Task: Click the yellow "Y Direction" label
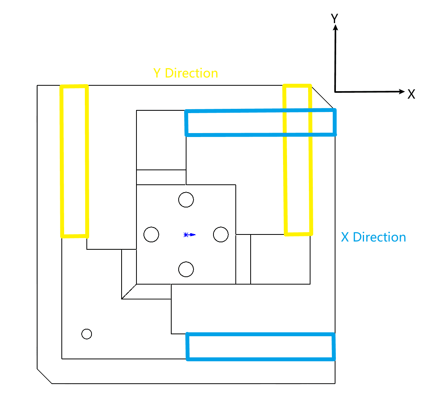[185, 73]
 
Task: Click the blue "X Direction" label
[373, 237]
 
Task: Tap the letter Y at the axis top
[335, 18]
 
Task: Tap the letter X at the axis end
[411, 94]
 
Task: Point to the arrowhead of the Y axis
[335, 27]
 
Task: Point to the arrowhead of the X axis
[402, 92]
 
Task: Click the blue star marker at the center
[189, 234]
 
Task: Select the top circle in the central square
[186, 200]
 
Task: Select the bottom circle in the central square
[186, 269]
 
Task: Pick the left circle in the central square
[151, 234]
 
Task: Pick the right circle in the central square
[221, 234]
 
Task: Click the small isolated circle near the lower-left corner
[87, 334]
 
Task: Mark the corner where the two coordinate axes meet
[335, 92]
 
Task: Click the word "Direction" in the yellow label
[191, 73]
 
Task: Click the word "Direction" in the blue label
[379, 237]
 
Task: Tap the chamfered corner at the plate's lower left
[44, 376]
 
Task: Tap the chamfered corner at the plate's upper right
[323, 97]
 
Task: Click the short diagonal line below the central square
[129, 292]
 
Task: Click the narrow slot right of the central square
[243, 259]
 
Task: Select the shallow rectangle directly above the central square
[161, 177]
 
